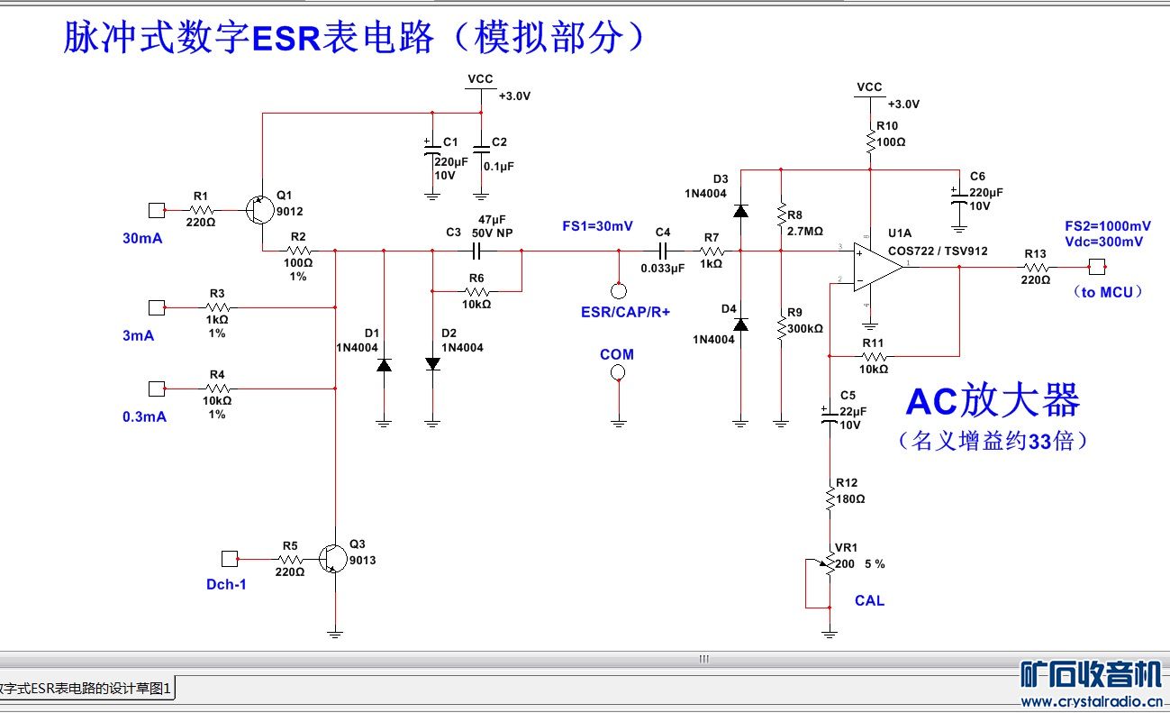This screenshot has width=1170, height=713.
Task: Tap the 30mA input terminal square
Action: tap(156, 210)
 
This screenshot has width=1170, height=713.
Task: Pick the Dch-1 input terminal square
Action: tap(230, 559)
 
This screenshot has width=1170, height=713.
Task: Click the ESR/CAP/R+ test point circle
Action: tap(619, 290)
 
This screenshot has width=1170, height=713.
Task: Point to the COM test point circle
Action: tap(619, 372)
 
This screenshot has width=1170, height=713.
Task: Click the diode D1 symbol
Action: tap(384, 365)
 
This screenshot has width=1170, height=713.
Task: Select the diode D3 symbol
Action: tap(740, 211)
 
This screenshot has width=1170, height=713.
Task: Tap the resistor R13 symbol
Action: tap(1035, 267)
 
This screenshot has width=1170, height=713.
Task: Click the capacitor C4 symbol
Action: tap(664, 251)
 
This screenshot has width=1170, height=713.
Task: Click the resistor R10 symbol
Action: tap(870, 142)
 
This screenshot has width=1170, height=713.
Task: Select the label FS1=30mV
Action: tap(597, 226)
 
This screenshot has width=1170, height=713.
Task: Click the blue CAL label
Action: tap(869, 600)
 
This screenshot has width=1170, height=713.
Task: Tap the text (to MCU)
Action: tap(1107, 291)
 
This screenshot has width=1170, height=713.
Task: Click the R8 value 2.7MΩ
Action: tap(804, 231)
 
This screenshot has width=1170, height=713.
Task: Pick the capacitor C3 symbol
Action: tap(477, 251)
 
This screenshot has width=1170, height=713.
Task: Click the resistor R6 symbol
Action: tap(476, 291)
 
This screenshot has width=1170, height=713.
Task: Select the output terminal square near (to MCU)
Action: tap(1096, 267)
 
